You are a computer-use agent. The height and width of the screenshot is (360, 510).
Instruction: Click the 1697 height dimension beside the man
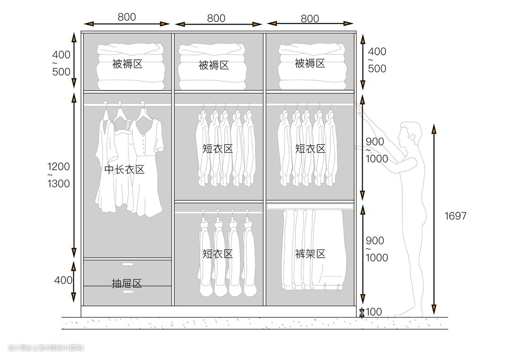tap(455, 216)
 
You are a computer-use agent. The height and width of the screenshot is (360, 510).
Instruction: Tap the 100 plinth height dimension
tap(374, 312)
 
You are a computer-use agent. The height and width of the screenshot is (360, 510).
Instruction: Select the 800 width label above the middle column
tap(216, 18)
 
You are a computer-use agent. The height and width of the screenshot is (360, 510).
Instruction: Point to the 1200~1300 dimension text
tap(58, 175)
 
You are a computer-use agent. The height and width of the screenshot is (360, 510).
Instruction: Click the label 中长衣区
tap(124, 170)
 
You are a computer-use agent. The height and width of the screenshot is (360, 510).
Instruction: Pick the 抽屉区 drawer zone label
tap(127, 284)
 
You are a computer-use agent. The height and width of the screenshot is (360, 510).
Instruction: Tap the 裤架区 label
tap(310, 254)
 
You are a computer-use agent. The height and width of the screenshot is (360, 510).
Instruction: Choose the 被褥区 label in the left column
tap(127, 64)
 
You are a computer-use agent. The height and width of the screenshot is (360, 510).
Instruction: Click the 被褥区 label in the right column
tap(310, 63)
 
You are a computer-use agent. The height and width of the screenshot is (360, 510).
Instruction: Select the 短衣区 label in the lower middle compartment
tap(218, 254)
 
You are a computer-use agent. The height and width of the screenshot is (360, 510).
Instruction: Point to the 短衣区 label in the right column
tap(310, 149)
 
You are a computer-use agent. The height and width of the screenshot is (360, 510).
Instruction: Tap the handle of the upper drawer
tap(128, 264)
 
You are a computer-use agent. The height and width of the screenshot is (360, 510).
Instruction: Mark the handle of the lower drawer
tap(128, 292)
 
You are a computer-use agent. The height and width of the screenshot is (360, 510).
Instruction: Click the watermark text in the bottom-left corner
tap(46, 348)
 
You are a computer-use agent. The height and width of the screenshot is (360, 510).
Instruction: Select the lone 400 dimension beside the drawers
tap(63, 280)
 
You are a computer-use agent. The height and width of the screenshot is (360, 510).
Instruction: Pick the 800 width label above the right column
tap(310, 18)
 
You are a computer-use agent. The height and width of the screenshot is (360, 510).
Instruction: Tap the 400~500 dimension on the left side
tap(61, 63)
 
